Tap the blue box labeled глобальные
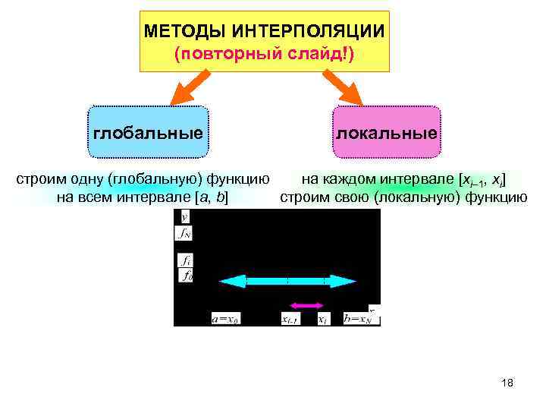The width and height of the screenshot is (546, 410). (x=148, y=133)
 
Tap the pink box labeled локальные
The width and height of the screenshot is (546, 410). (x=386, y=133)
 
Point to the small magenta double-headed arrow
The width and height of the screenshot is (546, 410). (x=307, y=305)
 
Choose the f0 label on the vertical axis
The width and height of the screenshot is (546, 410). (x=185, y=277)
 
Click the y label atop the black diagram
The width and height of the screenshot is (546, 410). (x=184, y=216)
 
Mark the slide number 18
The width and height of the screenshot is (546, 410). (x=507, y=383)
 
